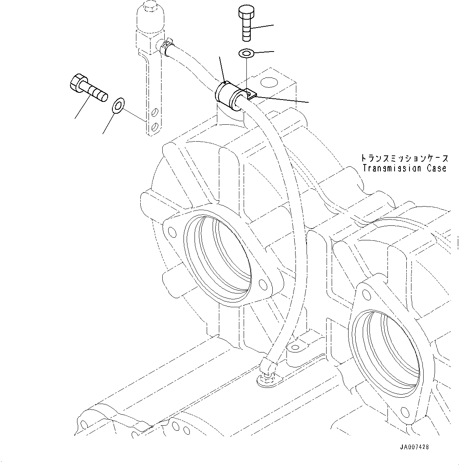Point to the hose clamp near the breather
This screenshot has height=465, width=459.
(x=167, y=46)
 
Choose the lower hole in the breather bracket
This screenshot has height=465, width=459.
(x=156, y=126)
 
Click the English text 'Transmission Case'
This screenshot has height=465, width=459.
(x=404, y=168)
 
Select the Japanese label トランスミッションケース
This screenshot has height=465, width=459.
(x=404, y=158)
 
